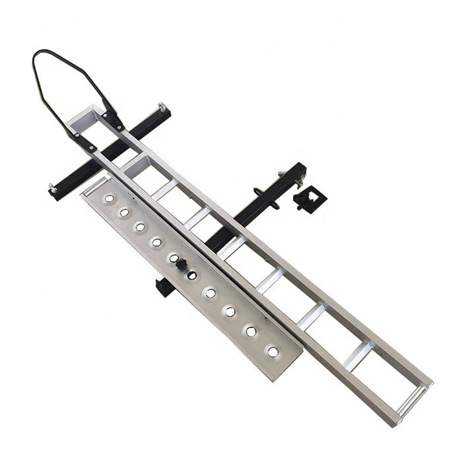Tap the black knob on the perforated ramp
pyautogui.click(x=181, y=265)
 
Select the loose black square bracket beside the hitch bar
pyautogui.click(x=310, y=198)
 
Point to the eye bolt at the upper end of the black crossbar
pyautogui.click(x=161, y=107)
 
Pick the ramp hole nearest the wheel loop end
pyautogui.click(x=108, y=198)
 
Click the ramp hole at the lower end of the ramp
pyautogui.click(x=273, y=352)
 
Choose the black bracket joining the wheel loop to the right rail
pyautogui.click(x=112, y=120)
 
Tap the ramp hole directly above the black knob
pyautogui.click(x=173, y=258)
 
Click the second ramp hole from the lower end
pyautogui.click(x=251, y=331)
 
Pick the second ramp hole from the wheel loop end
pyautogui.click(x=124, y=212)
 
